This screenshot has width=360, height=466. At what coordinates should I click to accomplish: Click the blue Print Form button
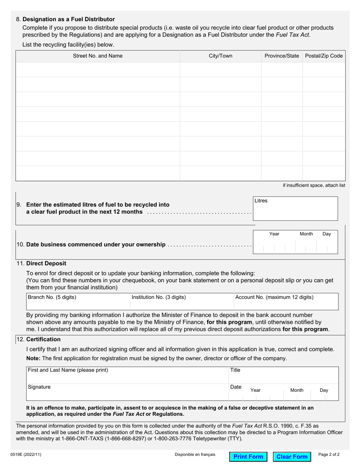[248, 457]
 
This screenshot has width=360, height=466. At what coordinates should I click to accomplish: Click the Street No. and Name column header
[98, 56]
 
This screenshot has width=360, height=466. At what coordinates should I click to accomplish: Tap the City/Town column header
[221, 56]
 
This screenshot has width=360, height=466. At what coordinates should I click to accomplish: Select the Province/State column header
[282, 56]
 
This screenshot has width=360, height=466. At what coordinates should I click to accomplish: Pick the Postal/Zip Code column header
[324, 56]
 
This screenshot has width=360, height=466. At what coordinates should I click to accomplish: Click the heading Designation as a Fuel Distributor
[69, 19]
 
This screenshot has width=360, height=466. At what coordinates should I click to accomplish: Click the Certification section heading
[43, 339]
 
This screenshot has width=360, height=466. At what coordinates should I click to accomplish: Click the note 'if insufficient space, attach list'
[314, 185]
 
